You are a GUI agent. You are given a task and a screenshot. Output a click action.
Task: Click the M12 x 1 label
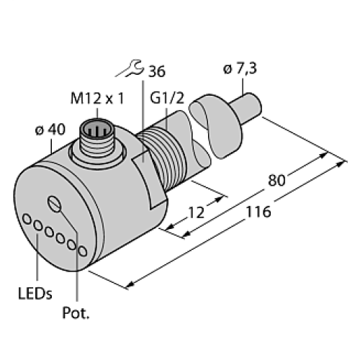(x=94, y=97)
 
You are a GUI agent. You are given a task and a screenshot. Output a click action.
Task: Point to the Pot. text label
(x=77, y=315)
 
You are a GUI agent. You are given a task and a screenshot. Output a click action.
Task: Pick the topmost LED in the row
(x=27, y=218)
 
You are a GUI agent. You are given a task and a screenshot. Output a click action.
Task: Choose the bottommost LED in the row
(x=84, y=251)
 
